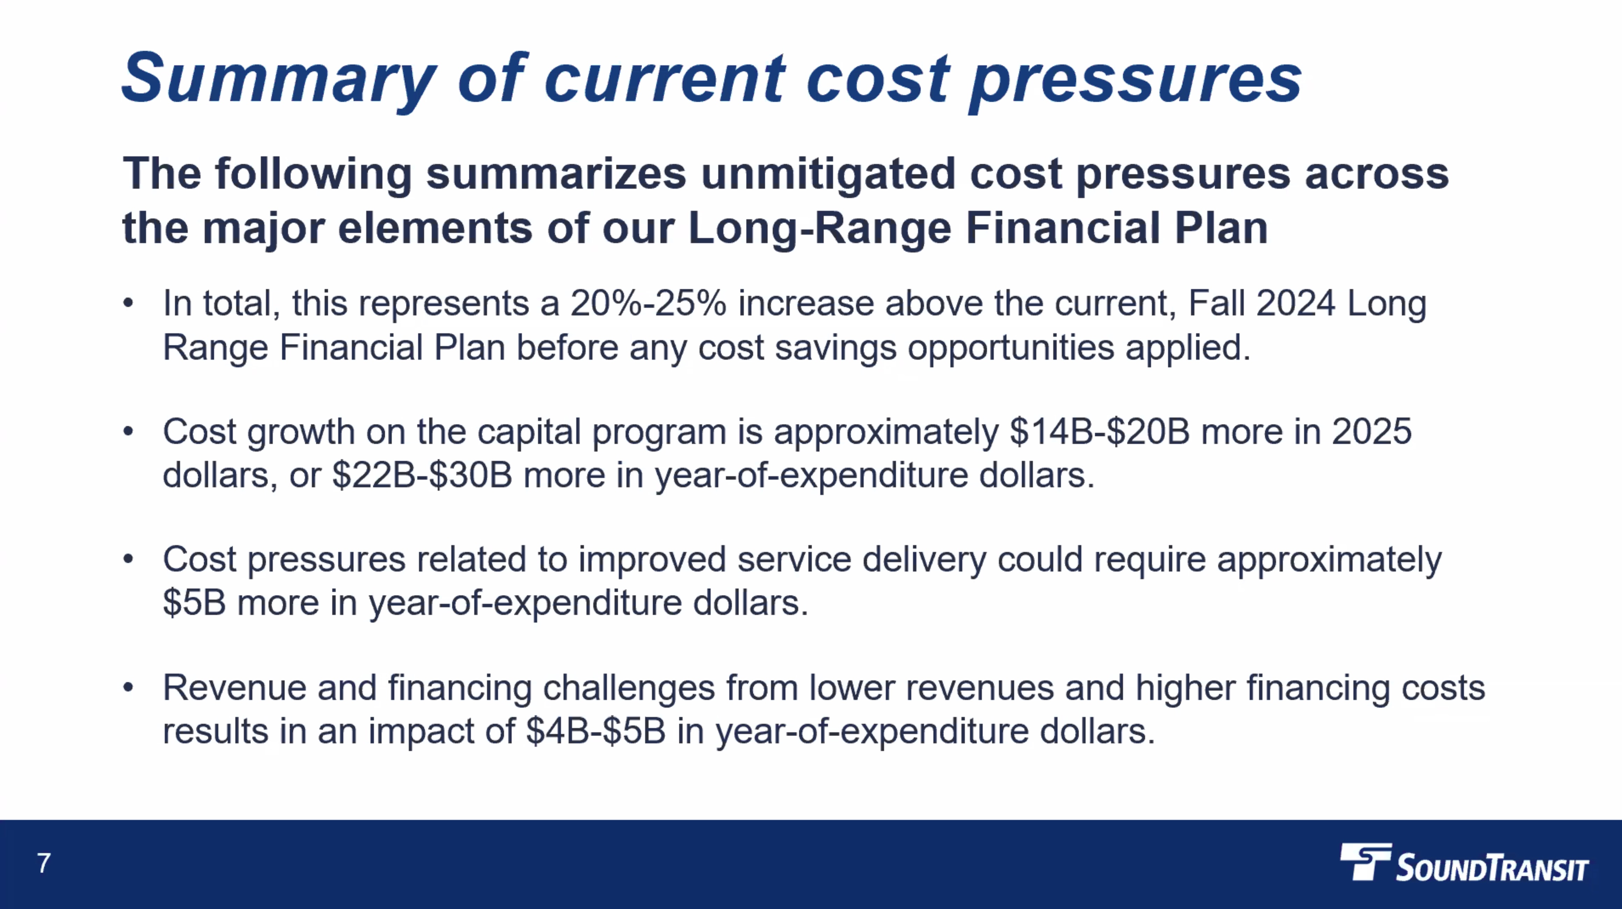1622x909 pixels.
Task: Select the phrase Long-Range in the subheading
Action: tap(819, 228)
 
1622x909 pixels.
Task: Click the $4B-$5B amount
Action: tap(596, 731)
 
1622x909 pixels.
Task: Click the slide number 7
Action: tap(43, 863)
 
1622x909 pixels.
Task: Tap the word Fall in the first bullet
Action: tap(1217, 303)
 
